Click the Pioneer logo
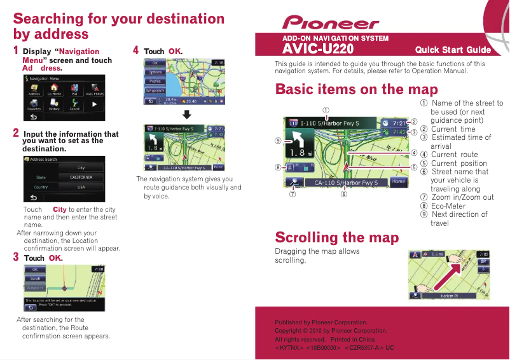pyautogui.click(x=331, y=24)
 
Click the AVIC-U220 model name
pyautogui.click(x=318, y=49)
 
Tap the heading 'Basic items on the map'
pyautogui.click(x=356, y=88)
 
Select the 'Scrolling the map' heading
pyautogui.click(x=336, y=237)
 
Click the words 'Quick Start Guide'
pyautogui.click(x=453, y=50)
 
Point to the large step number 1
pyautogui.click(x=16, y=50)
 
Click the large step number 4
pyautogui.click(x=135, y=50)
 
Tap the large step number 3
pyautogui.click(x=16, y=257)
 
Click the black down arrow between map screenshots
pyautogui.click(x=187, y=114)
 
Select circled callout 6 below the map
pyautogui.click(x=343, y=194)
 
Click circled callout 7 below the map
pyautogui.click(x=293, y=194)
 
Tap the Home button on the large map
pyautogui.click(x=398, y=182)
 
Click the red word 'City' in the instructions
pyautogui.click(x=60, y=209)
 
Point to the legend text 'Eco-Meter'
pyautogui.click(x=448, y=206)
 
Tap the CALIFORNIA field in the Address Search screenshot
pyautogui.click(x=81, y=177)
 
